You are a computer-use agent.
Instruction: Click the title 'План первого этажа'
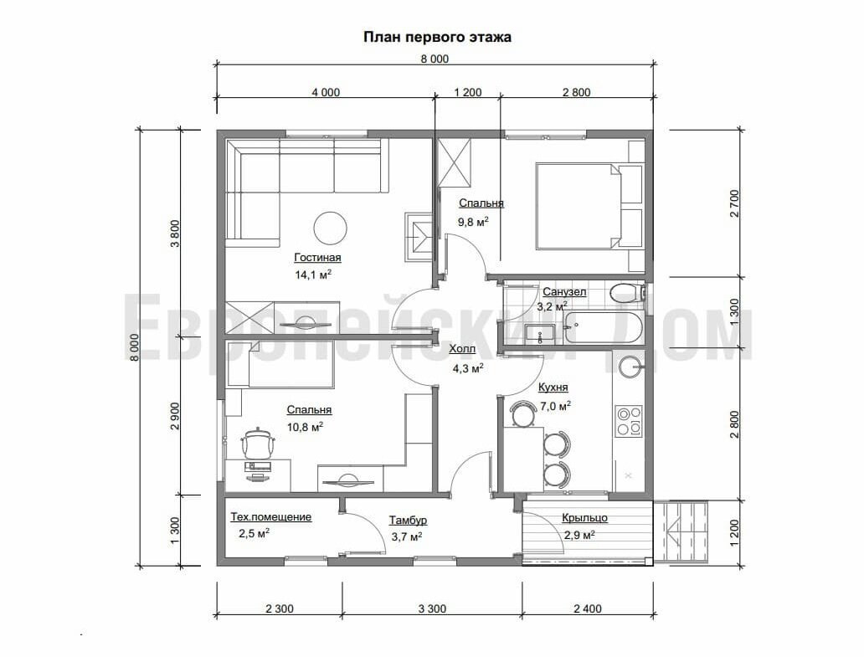click(x=437, y=38)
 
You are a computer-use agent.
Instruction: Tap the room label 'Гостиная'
click(x=317, y=257)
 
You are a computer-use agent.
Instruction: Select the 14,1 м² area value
click(x=313, y=275)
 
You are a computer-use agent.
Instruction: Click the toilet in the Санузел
click(x=627, y=292)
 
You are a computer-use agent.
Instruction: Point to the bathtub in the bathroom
click(x=602, y=328)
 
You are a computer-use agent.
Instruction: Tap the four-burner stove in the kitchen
click(x=629, y=421)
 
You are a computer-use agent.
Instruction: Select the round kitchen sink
click(x=630, y=367)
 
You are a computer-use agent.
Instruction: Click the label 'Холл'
click(x=462, y=349)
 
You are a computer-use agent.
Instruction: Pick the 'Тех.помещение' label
click(x=270, y=517)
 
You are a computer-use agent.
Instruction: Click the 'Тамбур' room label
click(x=408, y=521)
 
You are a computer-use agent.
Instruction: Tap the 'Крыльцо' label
click(x=584, y=518)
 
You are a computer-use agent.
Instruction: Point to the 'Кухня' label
click(x=553, y=388)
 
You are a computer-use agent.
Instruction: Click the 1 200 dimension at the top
click(x=468, y=93)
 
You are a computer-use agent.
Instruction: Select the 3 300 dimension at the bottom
click(x=432, y=608)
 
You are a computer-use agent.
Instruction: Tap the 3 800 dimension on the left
click(x=175, y=234)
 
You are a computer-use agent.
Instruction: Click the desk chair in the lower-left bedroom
click(x=258, y=443)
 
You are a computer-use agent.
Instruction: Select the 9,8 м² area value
click(x=473, y=222)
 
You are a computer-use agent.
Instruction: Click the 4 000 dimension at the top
click(x=326, y=93)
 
